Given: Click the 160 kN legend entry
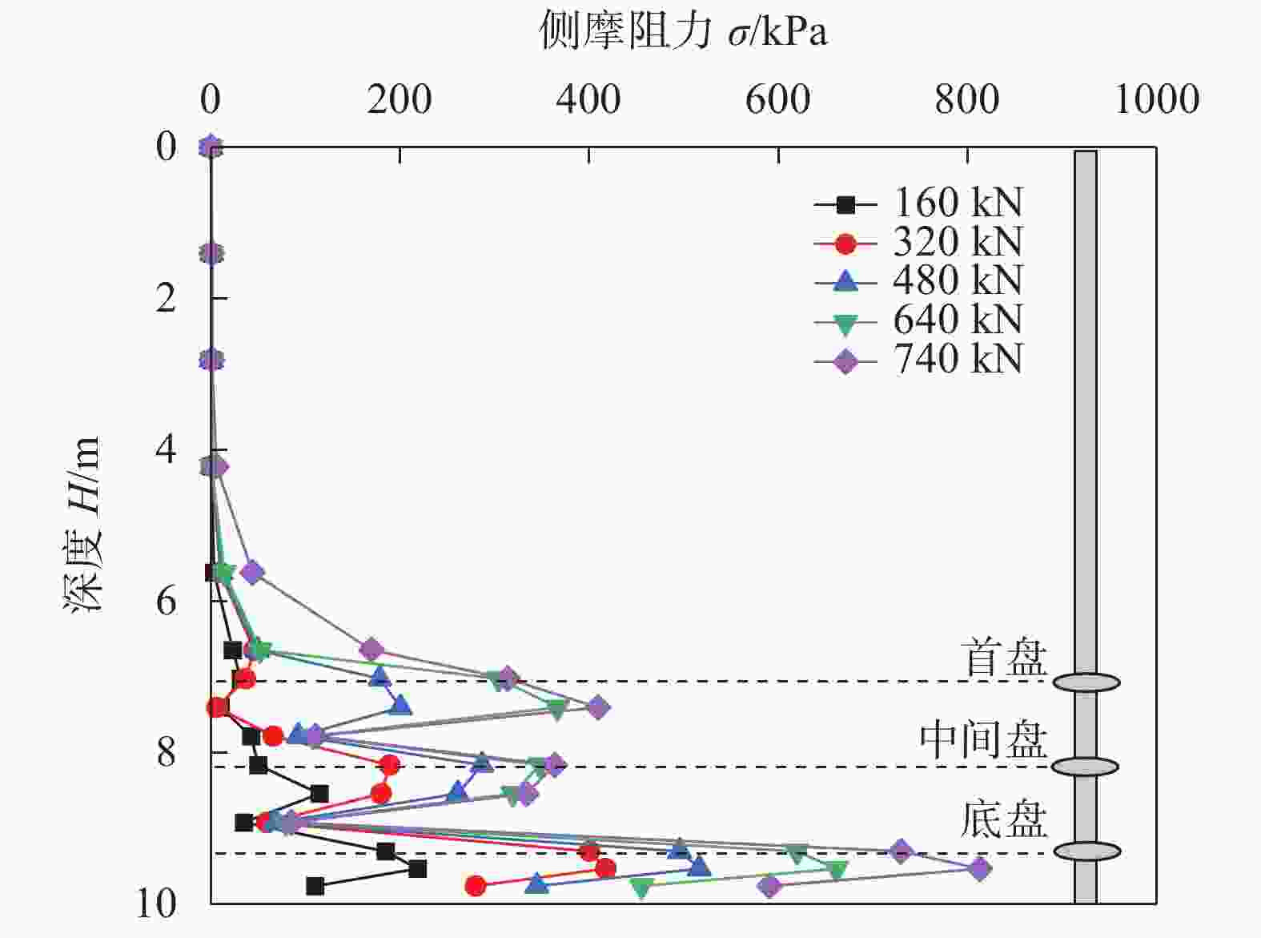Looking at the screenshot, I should coord(918,203).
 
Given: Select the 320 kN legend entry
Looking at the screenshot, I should coord(918,242).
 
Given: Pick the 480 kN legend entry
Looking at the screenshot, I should coord(918,280).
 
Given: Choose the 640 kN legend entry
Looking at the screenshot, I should coord(918,320).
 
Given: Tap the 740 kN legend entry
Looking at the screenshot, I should coord(918,359).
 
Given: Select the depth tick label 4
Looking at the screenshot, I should coord(166,449).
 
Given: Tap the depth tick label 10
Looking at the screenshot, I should coord(156,904).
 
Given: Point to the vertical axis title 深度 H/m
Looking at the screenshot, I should coord(83,525).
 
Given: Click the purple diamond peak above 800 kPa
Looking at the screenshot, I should coord(979,868).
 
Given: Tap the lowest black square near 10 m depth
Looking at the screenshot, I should coord(315,886).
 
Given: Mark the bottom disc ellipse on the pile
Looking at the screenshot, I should coord(1086,851).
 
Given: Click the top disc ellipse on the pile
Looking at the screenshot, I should coord(1086,682).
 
